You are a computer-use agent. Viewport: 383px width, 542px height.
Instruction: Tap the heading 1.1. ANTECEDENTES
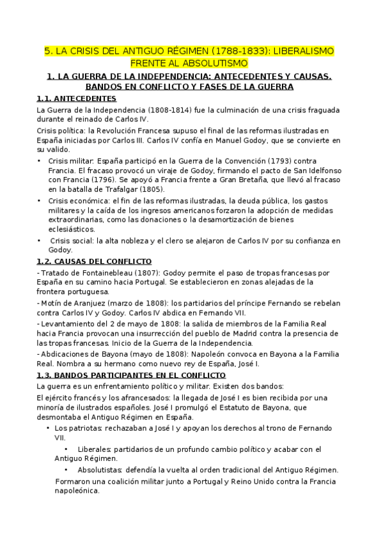tap(76, 98)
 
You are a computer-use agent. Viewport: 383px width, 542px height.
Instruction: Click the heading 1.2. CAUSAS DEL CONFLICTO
tap(94, 261)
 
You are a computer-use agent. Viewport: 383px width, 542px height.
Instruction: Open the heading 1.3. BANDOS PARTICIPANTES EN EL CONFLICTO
tap(131, 375)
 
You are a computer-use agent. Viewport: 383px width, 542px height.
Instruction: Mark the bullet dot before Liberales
tap(65, 448)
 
